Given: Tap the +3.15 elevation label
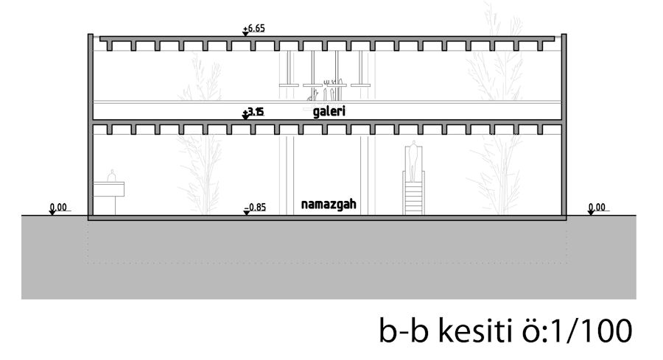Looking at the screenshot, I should tap(256, 112).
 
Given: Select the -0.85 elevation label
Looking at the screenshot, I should tap(256, 207).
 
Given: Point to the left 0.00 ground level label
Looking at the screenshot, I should tap(60, 207).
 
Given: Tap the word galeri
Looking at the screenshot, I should tap(329, 112).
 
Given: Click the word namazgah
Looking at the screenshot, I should tap(329, 205).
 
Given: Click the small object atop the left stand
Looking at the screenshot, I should tap(112, 176).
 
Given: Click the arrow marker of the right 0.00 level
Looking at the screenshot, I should tap(591, 212).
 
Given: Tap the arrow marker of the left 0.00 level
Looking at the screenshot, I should tap(53, 212).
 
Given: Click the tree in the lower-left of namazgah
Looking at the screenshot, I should tap(200, 173).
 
